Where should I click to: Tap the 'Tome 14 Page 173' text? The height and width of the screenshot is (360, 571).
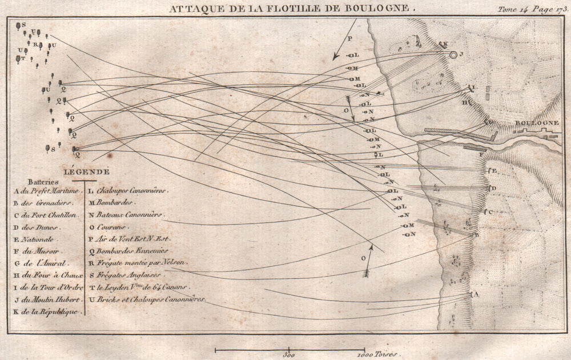[x=530, y=9]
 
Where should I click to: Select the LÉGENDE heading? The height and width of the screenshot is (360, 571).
[x=87, y=171]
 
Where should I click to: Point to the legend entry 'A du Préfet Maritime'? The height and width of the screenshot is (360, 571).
[x=46, y=191]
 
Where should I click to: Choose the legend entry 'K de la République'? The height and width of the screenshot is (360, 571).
[x=46, y=311]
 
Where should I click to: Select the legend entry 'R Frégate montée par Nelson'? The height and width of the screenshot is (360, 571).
[x=137, y=262]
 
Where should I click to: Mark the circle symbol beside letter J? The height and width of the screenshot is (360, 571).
[x=453, y=55]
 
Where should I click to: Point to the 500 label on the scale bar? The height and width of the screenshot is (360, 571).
[x=289, y=355]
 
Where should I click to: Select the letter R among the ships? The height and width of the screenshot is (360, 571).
[x=35, y=45]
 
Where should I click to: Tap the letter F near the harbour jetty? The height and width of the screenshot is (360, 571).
[x=482, y=155]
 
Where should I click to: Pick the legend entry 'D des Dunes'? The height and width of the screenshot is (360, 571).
[x=39, y=227]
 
